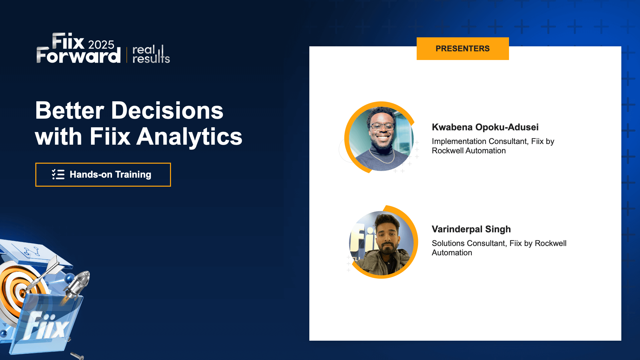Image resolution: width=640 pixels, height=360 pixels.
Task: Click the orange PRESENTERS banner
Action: tap(462, 49)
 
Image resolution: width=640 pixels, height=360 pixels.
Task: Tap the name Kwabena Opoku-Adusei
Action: tap(485, 127)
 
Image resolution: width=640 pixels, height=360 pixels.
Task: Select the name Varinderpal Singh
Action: tap(471, 229)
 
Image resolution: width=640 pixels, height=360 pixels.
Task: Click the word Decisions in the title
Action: tap(167, 111)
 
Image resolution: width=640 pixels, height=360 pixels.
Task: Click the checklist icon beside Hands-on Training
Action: tap(58, 174)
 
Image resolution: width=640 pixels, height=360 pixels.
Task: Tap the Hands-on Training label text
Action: tap(110, 174)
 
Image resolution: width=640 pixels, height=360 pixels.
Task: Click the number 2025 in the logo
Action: tap(101, 45)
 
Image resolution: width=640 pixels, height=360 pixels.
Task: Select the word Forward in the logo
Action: tap(78, 56)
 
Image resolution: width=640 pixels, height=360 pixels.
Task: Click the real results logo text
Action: tap(151, 54)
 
